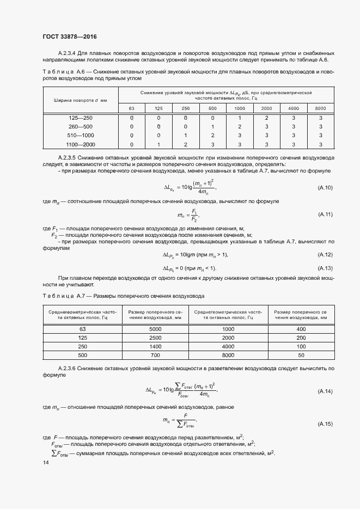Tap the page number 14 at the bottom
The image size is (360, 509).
click(45, 462)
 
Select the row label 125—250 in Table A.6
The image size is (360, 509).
click(81, 118)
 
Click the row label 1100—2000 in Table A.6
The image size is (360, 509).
click(81, 144)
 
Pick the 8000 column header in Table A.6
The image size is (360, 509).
click(320, 108)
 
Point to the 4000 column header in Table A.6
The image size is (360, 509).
click(294, 108)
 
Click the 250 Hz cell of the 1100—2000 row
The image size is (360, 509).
click(185, 144)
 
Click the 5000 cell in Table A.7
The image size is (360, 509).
click(155, 329)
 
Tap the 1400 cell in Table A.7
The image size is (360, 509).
click(155, 346)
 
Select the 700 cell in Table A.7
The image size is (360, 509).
click(155, 354)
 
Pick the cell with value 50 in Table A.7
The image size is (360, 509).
click(301, 354)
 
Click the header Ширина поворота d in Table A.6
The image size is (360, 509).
click(80, 100)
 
